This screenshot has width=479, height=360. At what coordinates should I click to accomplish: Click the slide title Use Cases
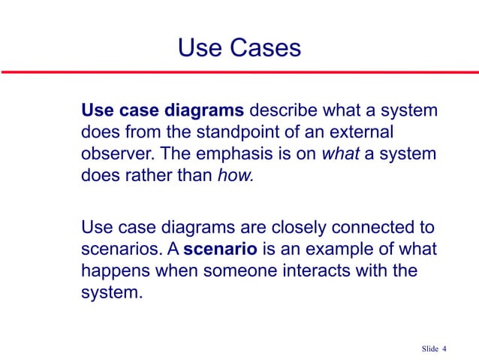239,48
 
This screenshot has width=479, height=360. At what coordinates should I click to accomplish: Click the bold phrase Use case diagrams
162,112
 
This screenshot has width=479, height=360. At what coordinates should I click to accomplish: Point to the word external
367,133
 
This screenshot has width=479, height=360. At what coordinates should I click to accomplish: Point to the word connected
366,226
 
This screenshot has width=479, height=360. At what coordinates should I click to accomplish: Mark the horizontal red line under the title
239,73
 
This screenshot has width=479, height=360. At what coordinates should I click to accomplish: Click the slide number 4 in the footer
444,348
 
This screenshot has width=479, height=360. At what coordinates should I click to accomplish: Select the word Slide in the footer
429,348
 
